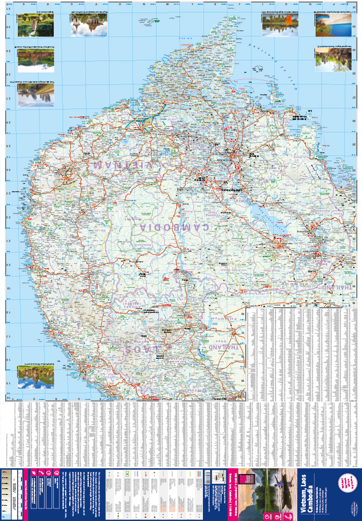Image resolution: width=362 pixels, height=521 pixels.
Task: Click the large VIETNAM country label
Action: pyautogui.click(x=124, y=165)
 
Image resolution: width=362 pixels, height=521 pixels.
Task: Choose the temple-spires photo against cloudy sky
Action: pyautogui.click(x=90, y=25)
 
